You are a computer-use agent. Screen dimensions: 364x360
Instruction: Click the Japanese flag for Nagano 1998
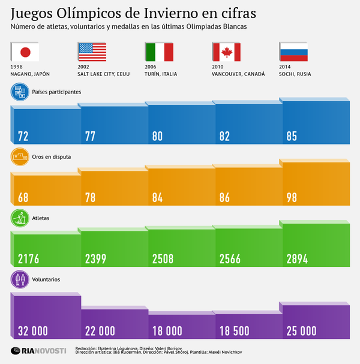[25, 52]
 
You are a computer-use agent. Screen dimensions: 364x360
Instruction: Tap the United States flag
[92, 52]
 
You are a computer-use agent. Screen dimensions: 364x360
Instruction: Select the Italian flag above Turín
[159, 52]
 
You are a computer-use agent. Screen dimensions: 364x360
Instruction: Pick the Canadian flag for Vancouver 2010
[226, 52]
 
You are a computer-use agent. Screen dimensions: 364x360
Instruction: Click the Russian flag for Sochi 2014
[293, 52]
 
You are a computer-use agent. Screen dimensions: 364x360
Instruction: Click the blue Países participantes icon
[20, 92]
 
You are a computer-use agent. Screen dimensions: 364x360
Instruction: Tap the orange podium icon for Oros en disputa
[20, 157]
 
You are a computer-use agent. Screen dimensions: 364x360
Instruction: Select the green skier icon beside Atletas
[20, 219]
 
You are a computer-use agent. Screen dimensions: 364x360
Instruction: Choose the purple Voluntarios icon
[20, 279]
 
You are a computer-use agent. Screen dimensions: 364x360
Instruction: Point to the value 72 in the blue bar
[23, 136]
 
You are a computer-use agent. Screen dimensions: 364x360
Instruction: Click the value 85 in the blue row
[292, 136]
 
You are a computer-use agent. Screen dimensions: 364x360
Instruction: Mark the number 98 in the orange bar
[292, 198]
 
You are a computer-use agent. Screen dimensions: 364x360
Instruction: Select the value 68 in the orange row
[23, 198]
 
